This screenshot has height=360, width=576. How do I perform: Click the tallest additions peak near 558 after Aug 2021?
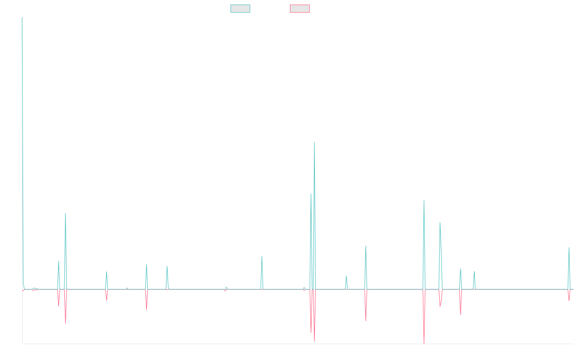point(314,142)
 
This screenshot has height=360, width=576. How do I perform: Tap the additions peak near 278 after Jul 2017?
point(65,214)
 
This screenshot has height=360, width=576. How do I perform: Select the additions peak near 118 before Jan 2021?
point(262,256)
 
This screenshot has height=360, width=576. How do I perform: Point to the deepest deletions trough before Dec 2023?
point(424,343)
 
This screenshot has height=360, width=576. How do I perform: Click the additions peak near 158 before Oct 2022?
point(366,246)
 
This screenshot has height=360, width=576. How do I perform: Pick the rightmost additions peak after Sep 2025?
point(569,248)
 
